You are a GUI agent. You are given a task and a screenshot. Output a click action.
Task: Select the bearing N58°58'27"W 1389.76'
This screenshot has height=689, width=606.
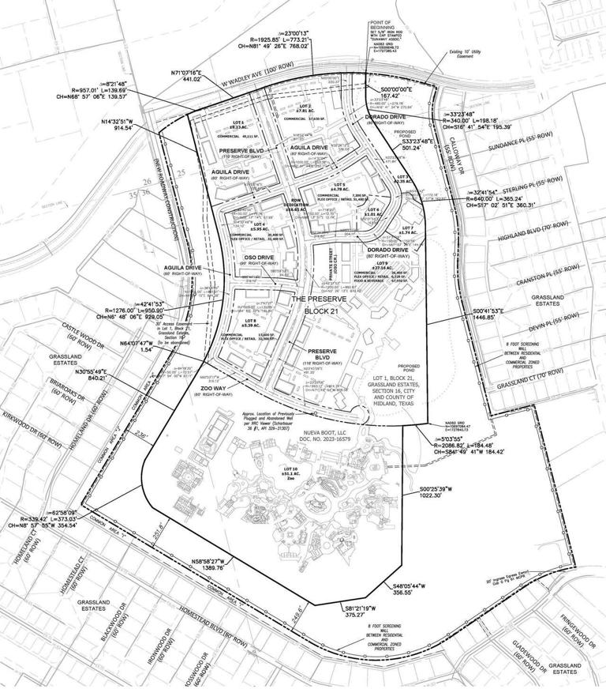pos(215,563)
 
